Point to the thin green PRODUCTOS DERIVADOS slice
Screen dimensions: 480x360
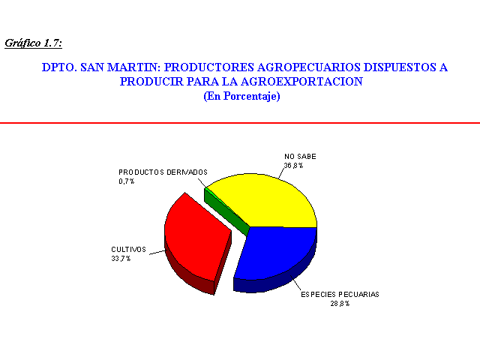pyautogui.click(x=226, y=211)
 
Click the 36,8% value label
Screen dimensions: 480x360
pyautogui.click(x=293, y=166)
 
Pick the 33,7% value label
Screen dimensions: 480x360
pyautogui.click(x=121, y=259)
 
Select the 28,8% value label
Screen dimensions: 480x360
pyautogui.click(x=340, y=304)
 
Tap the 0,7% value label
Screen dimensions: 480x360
pyautogui.click(x=127, y=181)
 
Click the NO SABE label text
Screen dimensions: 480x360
pyautogui.click(x=300, y=157)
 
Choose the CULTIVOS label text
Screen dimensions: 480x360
pyautogui.click(x=128, y=250)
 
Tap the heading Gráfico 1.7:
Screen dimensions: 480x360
pyautogui.click(x=33, y=43)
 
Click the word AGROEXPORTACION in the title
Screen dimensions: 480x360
pyautogui.click(x=301, y=82)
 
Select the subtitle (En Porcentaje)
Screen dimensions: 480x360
pyautogui.click(x=241, y=96)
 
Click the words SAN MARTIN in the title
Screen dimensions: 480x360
pyautogui.click(x=120, y=67)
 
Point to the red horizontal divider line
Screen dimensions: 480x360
pyautogui.click(x=240, y=123)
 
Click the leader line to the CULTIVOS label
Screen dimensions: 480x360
pyautogui.click(x=157, y=252)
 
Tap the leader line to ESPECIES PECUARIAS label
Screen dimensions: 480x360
pyautogui.click(x=295, y=282)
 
